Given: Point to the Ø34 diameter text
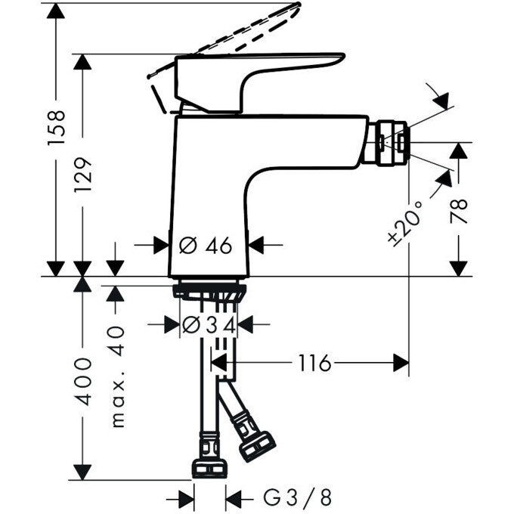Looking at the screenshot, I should (209, 324).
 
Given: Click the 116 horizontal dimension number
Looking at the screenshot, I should (314, 364).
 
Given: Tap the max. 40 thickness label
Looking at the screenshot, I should (116, 376).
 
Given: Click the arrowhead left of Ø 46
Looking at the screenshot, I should (160, 245).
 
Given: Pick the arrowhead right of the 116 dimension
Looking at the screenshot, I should (400, 364).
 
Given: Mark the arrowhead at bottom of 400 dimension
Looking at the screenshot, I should (82, 472).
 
